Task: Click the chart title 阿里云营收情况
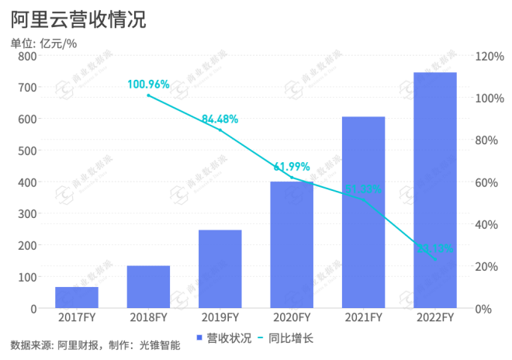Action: coord(78,19)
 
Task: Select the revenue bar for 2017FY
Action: coord(76,298)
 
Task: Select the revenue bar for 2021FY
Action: coord(363,213)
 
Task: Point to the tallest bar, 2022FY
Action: coord(434,190)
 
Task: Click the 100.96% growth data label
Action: coord(148,84)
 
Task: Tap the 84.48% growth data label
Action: coord(220,119)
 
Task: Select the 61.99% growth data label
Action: coord(292,167)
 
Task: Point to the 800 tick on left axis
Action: coord(27,56)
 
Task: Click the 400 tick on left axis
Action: coord(27,182)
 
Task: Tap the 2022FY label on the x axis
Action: coord(434,318)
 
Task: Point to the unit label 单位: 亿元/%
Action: coord(43,43)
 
